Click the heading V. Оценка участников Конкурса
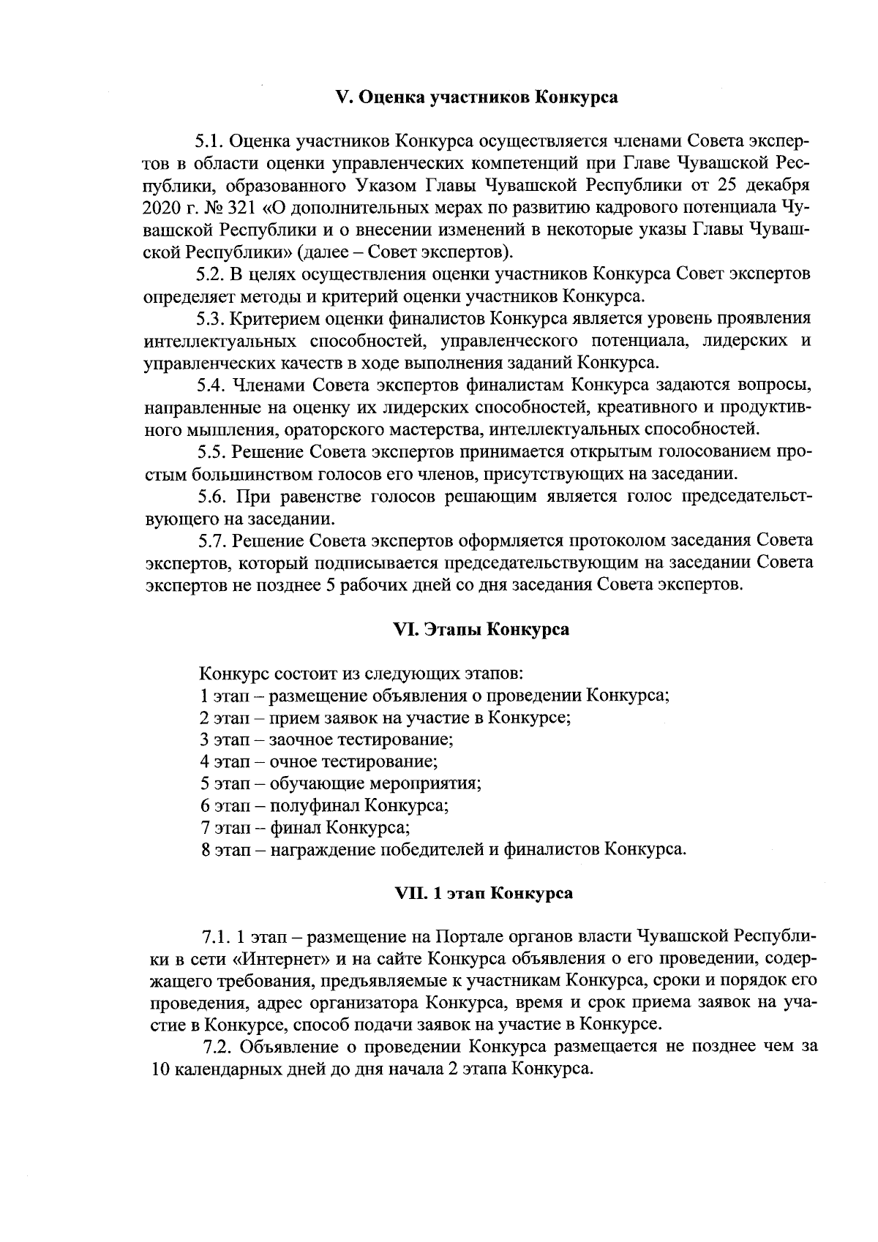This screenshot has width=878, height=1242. [476, 97]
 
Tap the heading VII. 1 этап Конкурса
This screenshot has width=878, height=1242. [484, 893]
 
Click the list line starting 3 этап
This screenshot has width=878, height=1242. [326, 739]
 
